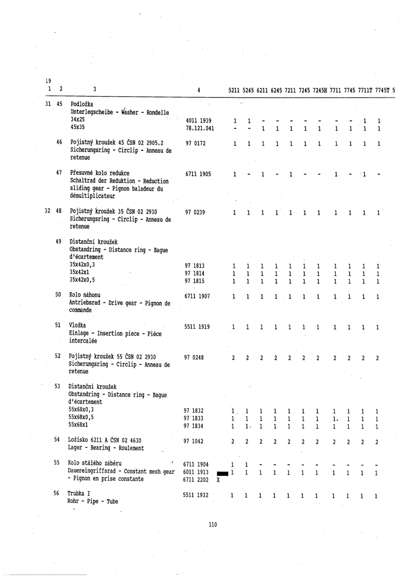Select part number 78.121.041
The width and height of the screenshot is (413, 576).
click(199, 128)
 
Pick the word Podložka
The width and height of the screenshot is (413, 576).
click(82, 104)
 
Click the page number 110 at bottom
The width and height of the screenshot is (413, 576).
click(213, 538)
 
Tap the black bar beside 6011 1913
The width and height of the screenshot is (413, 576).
click(223, 473)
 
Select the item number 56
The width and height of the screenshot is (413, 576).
click(57, 493)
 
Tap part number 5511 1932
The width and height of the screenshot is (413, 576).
click(196, 494)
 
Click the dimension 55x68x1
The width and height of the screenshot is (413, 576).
click(80, 424)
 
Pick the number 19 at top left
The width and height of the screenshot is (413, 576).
click(48, 81)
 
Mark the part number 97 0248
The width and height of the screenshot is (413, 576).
click(194, 357)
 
